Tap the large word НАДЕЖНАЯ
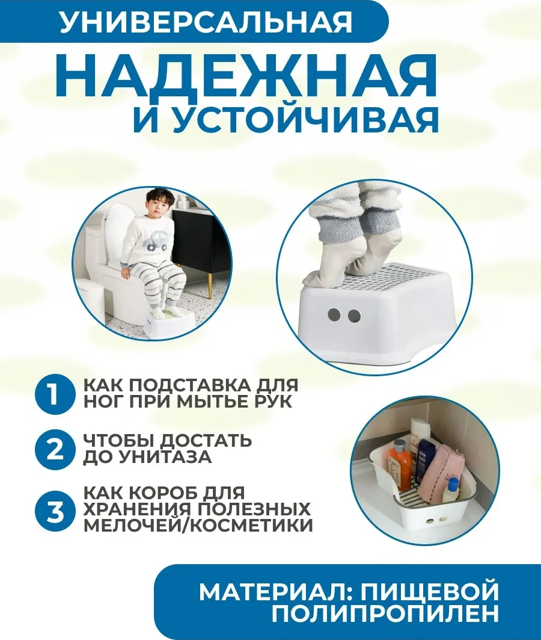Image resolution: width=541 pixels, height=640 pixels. tap(246, 76)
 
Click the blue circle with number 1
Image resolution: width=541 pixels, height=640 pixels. tap(53, 394)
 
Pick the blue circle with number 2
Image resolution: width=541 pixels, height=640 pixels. tap(53, 449)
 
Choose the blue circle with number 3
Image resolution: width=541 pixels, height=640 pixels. tap(53, 511)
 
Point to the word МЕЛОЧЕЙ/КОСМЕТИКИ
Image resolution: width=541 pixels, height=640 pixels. tap(198, 525)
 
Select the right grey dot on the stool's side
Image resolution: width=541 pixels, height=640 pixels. tap(355, 315)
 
